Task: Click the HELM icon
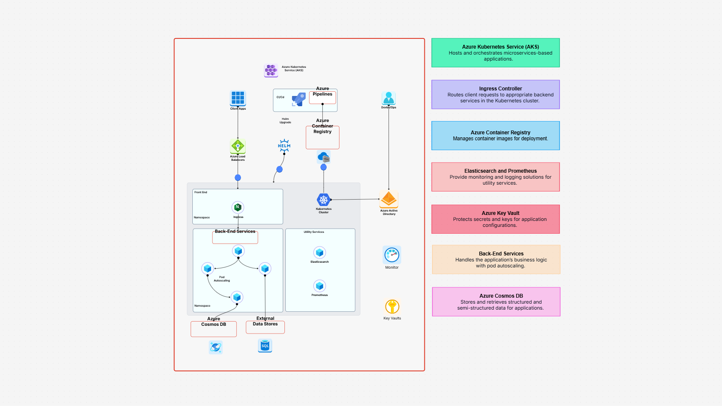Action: [284, 145]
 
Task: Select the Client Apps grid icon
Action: [238, 98]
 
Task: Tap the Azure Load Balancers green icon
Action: [238, 146]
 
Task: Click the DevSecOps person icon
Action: [389, 98]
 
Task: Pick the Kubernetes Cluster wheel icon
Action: [323, 200]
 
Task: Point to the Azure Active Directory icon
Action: [389, 199]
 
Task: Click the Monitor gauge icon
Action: [391, 255]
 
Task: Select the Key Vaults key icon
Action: [392, 307]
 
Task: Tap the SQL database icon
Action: [265, 345]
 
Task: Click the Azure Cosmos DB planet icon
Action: [215, 347]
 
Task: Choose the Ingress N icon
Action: [238, 207]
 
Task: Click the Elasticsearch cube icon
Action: [319, 252]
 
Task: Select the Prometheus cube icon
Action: [319, 286]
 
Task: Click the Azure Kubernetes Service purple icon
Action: [271, 70]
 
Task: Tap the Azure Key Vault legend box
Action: [495, 219]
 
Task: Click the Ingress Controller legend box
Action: [495, 95]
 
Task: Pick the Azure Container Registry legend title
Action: [500, 133]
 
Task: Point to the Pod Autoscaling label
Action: [222, 279]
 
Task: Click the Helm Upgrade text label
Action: [285, 121]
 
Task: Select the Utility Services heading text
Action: [314, 232]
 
